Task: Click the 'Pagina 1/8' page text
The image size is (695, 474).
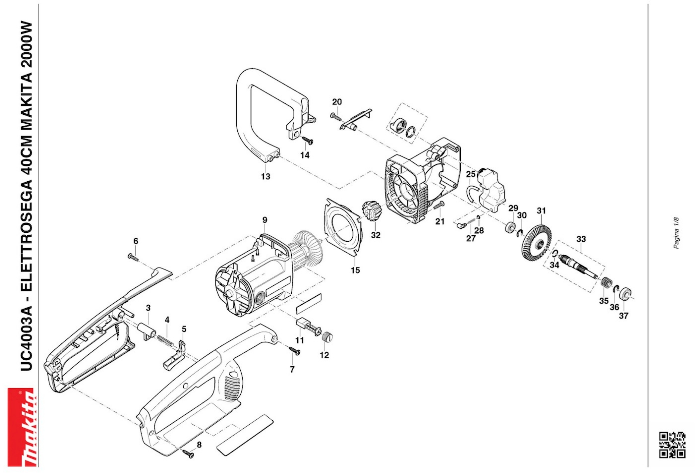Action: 676,233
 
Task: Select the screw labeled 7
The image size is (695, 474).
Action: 295,351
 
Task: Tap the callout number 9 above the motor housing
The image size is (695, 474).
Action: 265,220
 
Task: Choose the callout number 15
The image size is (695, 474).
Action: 355,270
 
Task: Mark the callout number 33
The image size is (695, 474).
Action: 581,239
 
